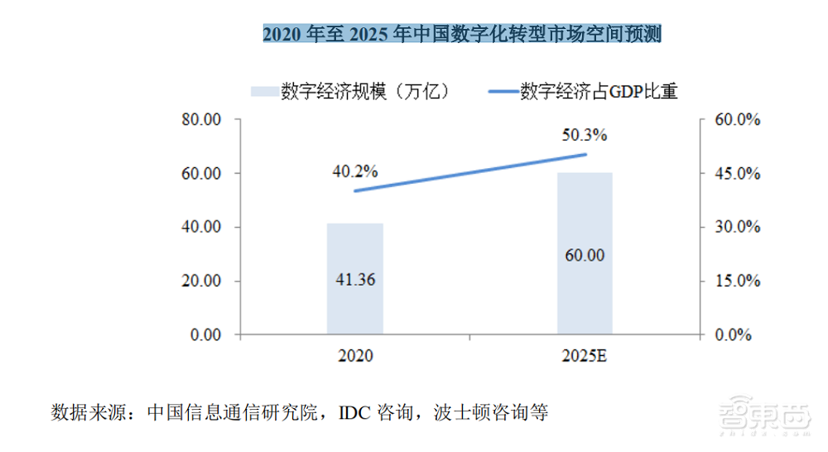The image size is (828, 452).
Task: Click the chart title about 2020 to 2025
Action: coord(461,34)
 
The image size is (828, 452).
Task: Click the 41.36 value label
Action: coord(355,280)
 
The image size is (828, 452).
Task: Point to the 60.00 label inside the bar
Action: coord(585,255)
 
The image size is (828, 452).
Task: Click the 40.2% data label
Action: coord(355,172)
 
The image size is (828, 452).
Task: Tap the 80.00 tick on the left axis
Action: coord(202,120)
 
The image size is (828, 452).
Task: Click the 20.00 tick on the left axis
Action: coord(202,281)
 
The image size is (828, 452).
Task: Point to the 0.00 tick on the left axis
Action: coord(206,335)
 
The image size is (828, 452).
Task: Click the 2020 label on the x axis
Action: coord(355,358)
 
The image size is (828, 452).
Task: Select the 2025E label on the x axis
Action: coord(585,358)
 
